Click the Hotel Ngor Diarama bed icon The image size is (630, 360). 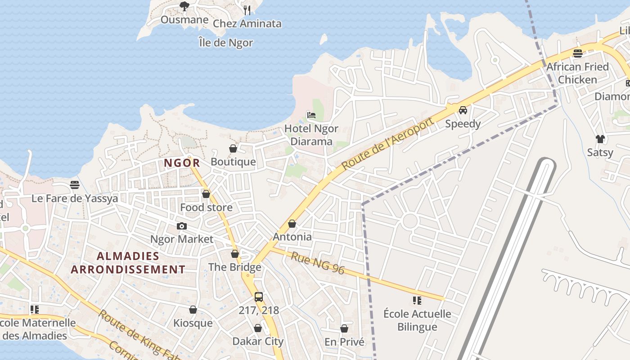click(x=311, y=115)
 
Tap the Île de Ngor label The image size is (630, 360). click(x=226, y=43)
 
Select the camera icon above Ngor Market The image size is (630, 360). click(x=182, y=226)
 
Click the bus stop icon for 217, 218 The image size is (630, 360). click(x=259, y=297)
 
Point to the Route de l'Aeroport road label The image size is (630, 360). click(x=387, y=144)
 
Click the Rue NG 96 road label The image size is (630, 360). click(x=318, y=263)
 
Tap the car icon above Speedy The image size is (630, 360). click(x=463, y=110)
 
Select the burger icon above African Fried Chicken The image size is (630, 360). click(x=578, y=54)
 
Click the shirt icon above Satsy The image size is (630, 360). click(x=600, y=139)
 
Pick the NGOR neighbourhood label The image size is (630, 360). click(x=182, y=163)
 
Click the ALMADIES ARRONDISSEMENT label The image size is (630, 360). click(x=128, y=263)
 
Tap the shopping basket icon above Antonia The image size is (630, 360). click(x=292, y=224)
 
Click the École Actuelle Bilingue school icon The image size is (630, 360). click(x=417, y=300)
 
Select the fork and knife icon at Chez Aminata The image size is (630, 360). click(x=247, y=10)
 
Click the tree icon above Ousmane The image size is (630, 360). click(x=184, y=6)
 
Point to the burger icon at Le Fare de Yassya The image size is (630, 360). click(x=75, y=185)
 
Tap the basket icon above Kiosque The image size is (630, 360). click(x=193, y=310)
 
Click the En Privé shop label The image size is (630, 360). click(x=344, y=342)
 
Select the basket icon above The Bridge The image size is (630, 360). click(x=235, y=254)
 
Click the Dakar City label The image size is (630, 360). click(x=258, y=341)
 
